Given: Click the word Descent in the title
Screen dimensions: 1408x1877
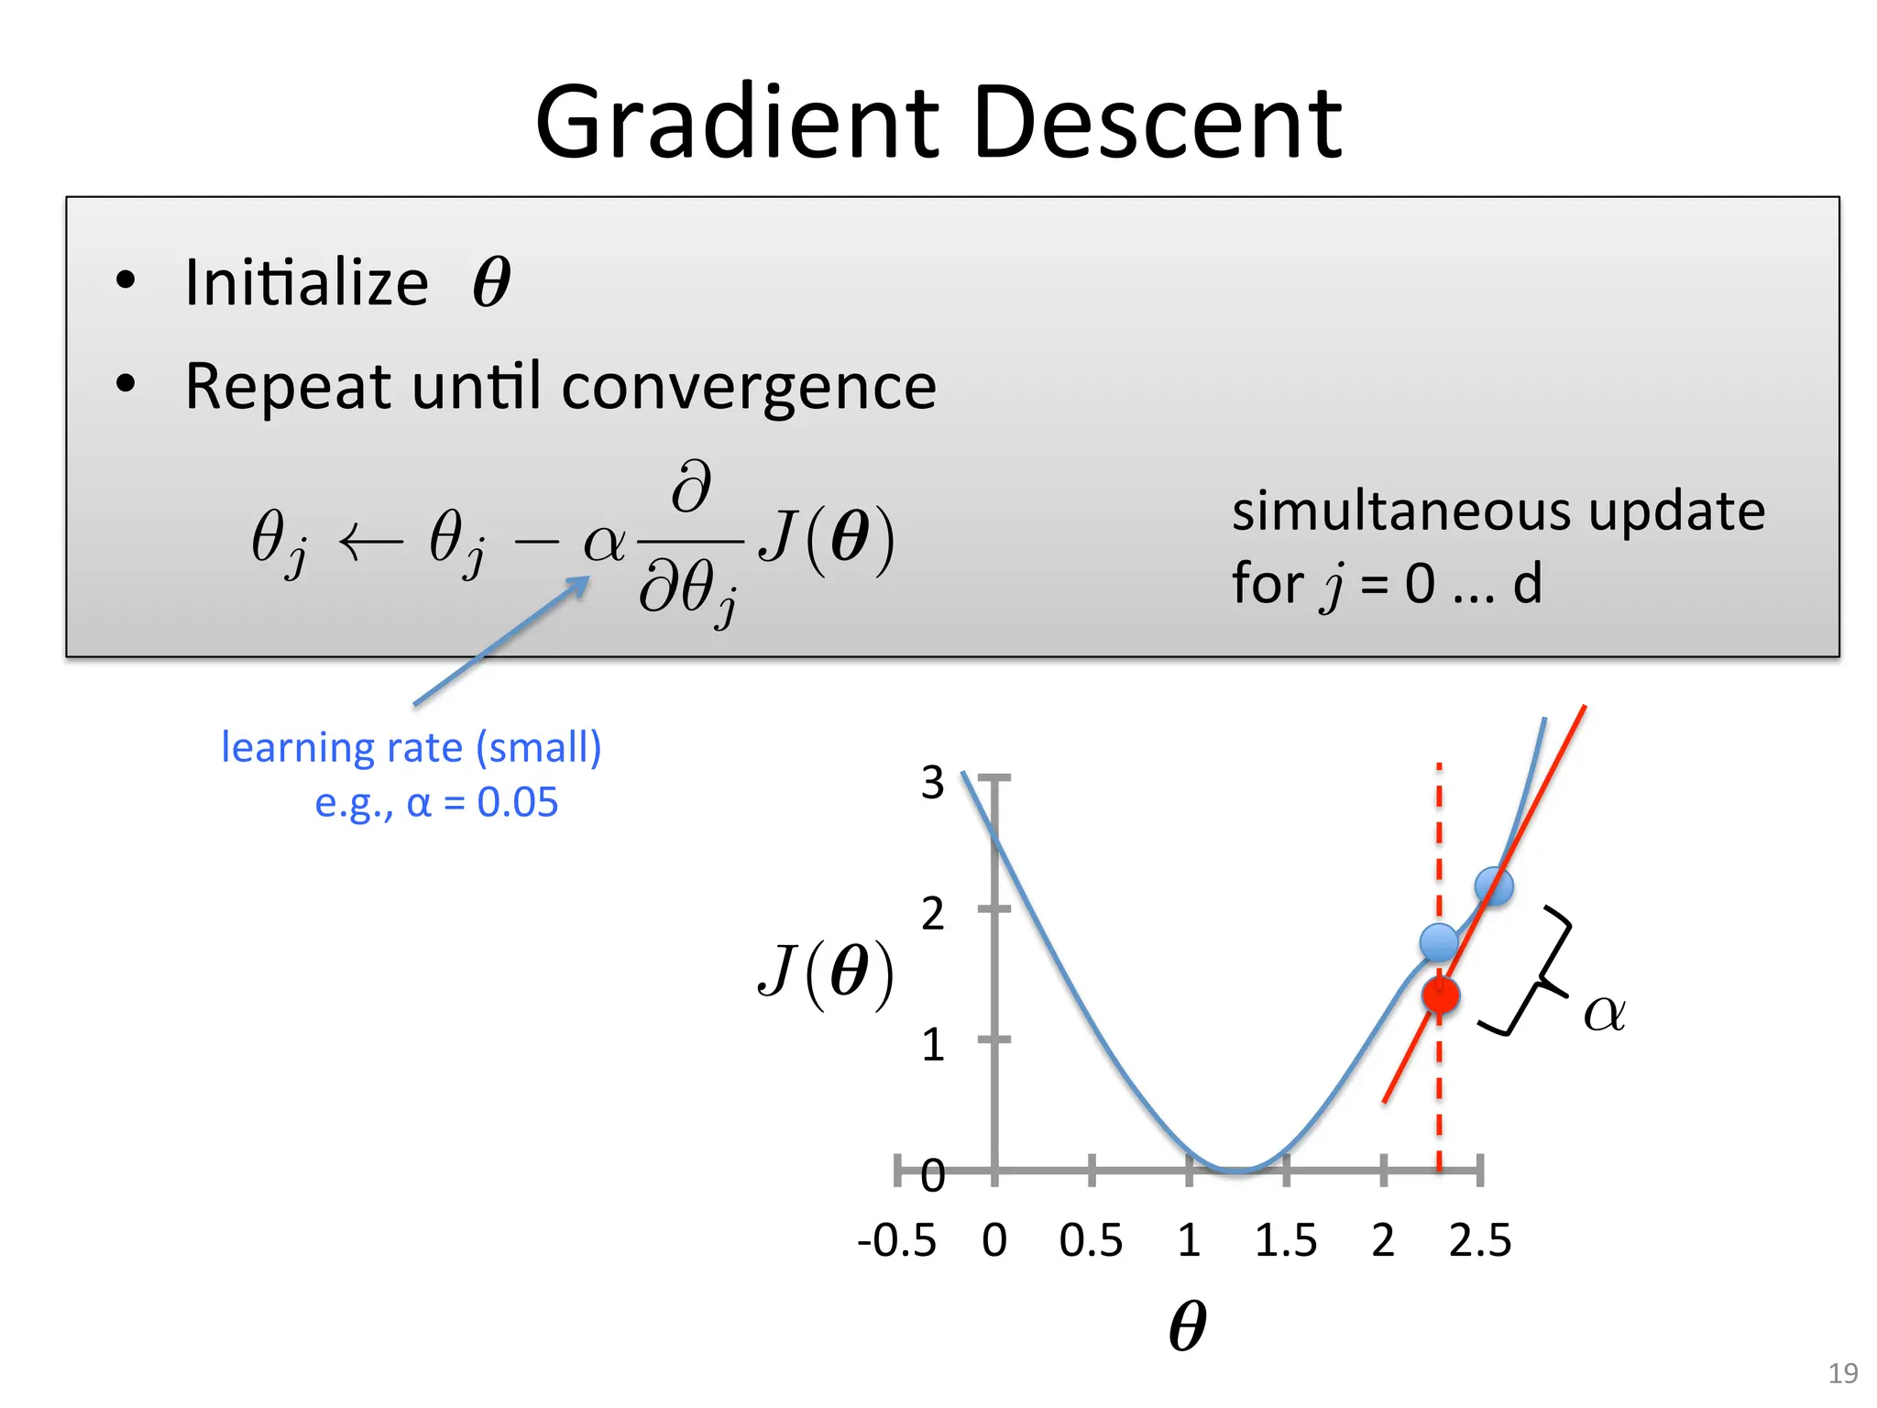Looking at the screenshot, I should (x=1157, y=124).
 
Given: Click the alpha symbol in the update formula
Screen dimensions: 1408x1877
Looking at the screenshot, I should (x=604, y=543).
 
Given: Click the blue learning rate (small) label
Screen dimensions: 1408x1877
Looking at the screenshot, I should (x=411, y=747).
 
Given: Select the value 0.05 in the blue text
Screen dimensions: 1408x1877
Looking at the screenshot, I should (x=518, y=803).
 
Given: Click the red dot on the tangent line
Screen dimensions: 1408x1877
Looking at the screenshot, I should (x=1441, y=995).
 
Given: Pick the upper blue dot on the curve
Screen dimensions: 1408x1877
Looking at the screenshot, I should (x=1494, y=885).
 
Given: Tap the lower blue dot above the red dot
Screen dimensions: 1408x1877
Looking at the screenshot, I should (x=1439, y=941).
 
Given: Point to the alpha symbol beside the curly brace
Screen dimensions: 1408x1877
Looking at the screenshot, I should (x=1604, y=1014).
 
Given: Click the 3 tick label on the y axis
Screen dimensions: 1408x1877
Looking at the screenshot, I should (x=932, y=783).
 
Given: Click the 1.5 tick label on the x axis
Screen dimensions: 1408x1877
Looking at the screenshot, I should (x=1285, y=1241).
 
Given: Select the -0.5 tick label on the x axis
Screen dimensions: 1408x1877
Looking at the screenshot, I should (x=896, y=1241).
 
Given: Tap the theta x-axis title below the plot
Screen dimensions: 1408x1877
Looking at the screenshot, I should (x=1188, y=1326).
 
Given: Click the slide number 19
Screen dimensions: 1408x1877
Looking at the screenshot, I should (x=1842, y=1373).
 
